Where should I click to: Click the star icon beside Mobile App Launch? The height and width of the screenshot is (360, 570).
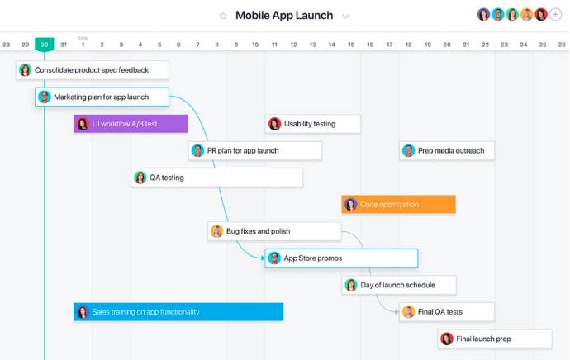pos(223,16)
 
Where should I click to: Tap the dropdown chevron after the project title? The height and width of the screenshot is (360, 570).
pos(345,17)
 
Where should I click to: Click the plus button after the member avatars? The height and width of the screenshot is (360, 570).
pos(555,15)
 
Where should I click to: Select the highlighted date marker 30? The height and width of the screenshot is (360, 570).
pos(45,45)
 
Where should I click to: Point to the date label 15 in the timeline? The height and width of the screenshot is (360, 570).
pos(351,45)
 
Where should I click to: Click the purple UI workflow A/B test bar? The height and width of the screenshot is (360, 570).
pos(131,124)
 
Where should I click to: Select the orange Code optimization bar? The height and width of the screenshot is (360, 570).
pos(398,204)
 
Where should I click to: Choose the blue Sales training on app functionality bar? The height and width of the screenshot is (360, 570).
pos(178,311)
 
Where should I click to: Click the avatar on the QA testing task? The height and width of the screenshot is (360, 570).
pos(140,178)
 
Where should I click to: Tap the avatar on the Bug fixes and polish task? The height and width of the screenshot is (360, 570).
pos(216,231)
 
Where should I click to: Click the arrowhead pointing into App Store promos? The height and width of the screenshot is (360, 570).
pos(263,258)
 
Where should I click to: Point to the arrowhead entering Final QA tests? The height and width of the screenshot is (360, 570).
pos(397,311)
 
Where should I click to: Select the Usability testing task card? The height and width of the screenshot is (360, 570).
pos(313,124)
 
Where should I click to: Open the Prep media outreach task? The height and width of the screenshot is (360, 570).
pos(447,150)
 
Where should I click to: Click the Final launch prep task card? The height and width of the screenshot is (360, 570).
pos(495,339)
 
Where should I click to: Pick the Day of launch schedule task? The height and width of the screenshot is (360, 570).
pos(399,285)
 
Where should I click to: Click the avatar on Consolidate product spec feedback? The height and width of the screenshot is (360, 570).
pos(25,69)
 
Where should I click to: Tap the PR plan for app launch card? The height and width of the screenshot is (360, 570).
pos(255,150)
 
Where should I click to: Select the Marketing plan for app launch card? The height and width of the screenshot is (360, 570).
pos(102,97)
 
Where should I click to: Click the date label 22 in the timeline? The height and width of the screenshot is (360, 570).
pos(485,45)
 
